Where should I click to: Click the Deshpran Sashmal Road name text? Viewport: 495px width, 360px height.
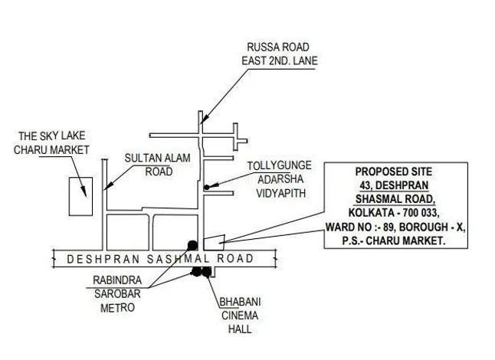click(160, 259)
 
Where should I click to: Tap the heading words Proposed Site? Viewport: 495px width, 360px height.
click(394, 172)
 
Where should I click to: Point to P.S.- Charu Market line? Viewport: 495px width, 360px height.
click(394, 241)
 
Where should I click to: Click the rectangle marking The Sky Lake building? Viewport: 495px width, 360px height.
click(80, 196)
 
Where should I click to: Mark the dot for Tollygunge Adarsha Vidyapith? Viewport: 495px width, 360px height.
click(206, 186)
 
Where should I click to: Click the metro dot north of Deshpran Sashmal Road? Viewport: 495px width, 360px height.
click(192, 244)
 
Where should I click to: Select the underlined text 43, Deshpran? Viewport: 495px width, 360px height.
click(394, 185)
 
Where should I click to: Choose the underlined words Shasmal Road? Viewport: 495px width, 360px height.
click(394, 199)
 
